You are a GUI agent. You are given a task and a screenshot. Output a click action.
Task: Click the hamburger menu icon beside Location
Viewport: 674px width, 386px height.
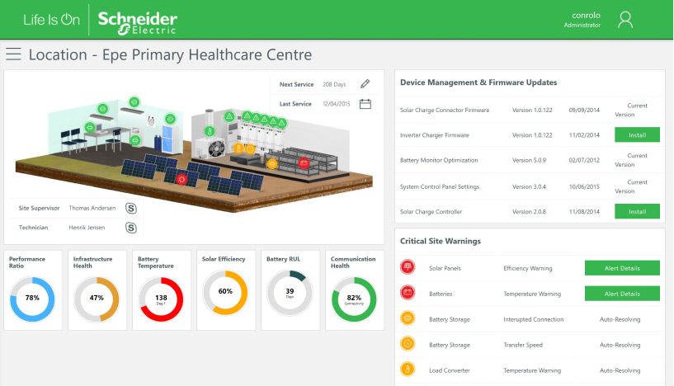coord(13,54)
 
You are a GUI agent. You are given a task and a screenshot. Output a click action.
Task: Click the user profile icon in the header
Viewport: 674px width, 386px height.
coord(626,20)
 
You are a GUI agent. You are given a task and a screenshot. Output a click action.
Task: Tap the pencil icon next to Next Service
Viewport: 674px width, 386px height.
coord(365,84)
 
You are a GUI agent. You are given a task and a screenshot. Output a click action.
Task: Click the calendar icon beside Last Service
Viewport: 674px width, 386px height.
coord(365,104)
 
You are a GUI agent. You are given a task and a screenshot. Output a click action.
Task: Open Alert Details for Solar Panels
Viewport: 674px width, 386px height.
coord(622,267)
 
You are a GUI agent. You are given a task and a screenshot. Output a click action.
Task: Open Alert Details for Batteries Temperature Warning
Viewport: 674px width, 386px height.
coord(622,293)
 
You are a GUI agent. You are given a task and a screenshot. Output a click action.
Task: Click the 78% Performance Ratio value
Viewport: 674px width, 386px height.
coord(32,298)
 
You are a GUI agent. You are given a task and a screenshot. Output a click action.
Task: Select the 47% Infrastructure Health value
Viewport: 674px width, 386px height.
coord(97,298)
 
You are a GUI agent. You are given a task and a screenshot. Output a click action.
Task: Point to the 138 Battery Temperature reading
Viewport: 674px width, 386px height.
coord(161,299)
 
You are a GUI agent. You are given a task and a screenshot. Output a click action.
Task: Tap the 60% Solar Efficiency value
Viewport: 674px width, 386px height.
coord(225,291)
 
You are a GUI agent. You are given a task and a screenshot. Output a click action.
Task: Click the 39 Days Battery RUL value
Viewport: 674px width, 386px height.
coord(290,293)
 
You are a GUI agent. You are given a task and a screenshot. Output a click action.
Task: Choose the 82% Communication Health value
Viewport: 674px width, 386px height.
coord(354,298)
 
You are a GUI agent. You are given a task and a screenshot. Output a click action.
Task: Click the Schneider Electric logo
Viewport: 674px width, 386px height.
coord(137,20)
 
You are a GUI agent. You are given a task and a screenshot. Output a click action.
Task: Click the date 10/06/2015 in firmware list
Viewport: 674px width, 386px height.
coord(583,186)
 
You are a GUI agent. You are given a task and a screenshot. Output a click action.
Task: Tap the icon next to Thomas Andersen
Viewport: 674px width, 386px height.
coord(130,208)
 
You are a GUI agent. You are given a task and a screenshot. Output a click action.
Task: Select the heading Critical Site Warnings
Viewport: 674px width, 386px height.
coord(441,241)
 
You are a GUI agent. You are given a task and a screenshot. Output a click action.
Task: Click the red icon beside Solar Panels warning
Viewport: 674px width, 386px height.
coord(408,267)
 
